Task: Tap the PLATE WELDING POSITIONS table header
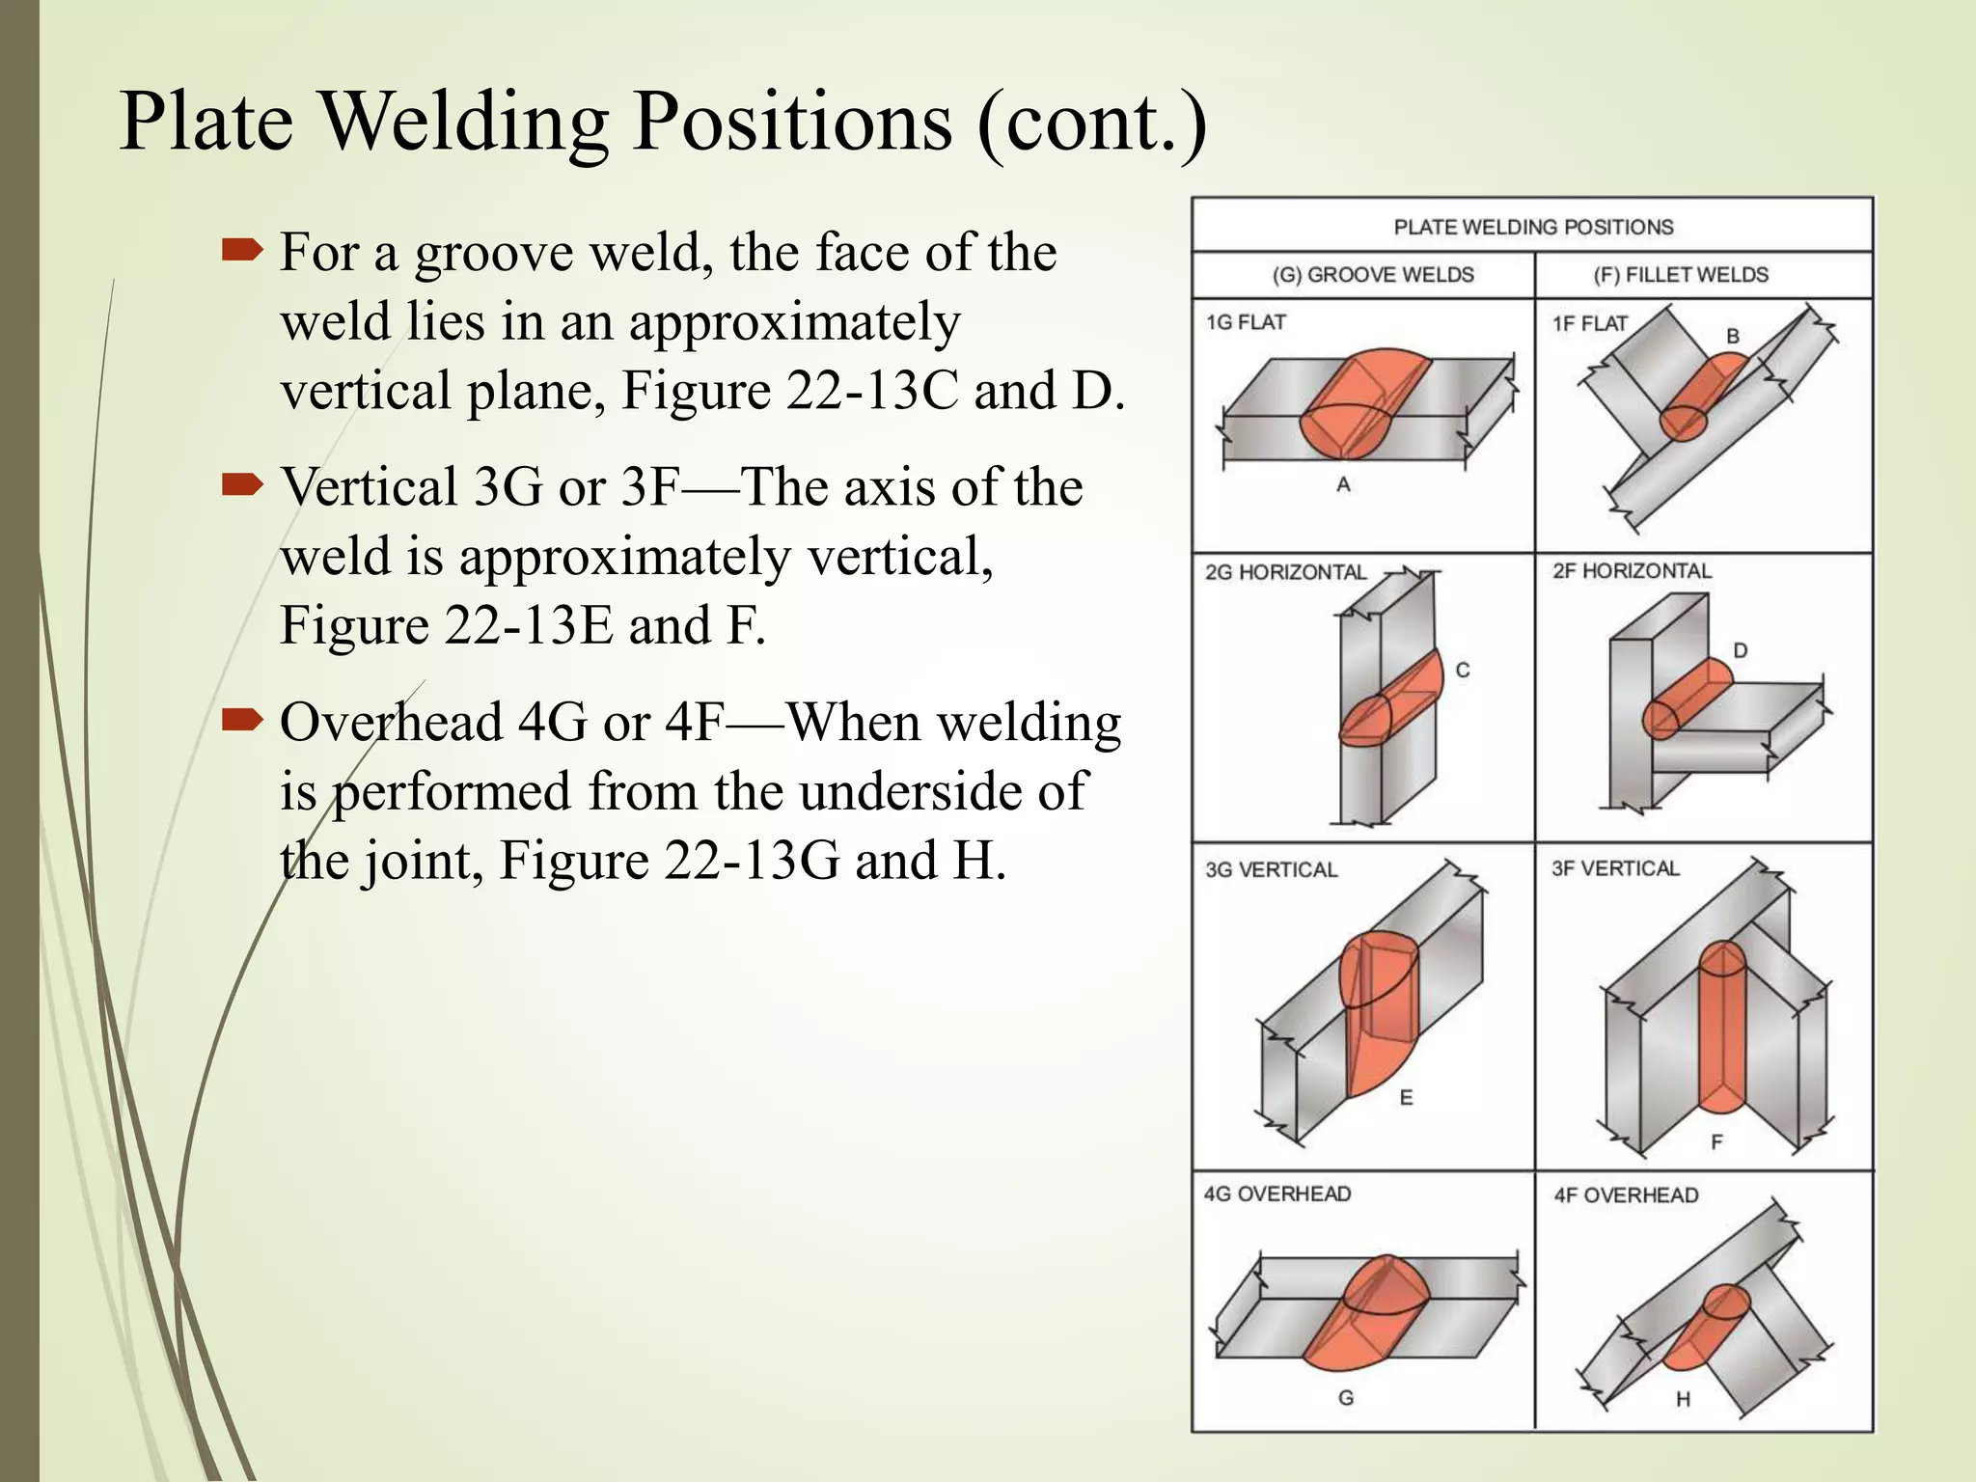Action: pyautogui.click(x=1532, y=228)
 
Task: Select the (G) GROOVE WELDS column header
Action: pyautogui.click(x=1372, y=275)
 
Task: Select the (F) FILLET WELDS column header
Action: pyautogui.click(x=1680, y=275)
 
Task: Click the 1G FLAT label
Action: pyautogui.click(x=1245, y=322)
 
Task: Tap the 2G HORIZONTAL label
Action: pyautogui.click(x=1285, y=572)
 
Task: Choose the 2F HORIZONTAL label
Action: pyautogui.click(x=1632, y=571)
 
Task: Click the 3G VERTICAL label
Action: pyautogui.click(x=1271, y=869)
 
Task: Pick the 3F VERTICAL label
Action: pyautogui.click(x=1615, y=868)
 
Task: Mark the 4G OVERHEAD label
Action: pyautogui.click(x=1276, y=1194)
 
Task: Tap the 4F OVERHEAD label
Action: pyautogui.click(x=1626, y=1195)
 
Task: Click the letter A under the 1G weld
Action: pyautogui.click(x=1343, y=485)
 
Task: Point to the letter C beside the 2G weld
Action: pyautogui.click(x=1463, y=671)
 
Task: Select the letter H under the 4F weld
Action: pyautogui.click(x=1683, y=1399)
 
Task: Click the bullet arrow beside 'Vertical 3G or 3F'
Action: pyautogui.click(x=241, y=484)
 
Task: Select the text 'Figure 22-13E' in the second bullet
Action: pyautogui.click(x=446, y=625)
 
